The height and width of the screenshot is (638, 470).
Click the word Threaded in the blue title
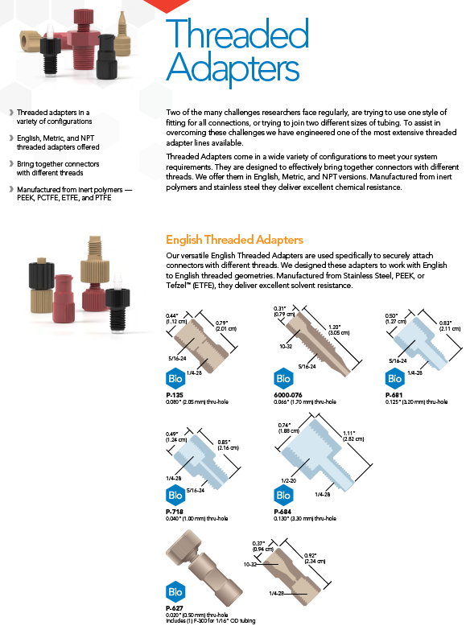[x=237, y=33]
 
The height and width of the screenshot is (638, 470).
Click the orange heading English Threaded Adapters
[x=234, y=240]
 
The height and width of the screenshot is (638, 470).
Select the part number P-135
[x=175, y=395]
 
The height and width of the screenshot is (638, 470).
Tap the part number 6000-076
[x=287, y=395]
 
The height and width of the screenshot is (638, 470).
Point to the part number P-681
[x=394, y=395]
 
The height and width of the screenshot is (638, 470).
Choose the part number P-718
[x=175, y=512]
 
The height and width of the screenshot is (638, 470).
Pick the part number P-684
[x=282, y=512]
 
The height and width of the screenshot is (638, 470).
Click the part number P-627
[x=175, y=608]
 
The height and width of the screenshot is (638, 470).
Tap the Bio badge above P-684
[x=283, y=495]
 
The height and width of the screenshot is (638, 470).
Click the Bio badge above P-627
[x=175, y=591]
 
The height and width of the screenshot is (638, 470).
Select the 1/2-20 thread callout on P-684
[x=288, y=480]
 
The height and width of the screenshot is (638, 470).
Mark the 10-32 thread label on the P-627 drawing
[x=249, y=564]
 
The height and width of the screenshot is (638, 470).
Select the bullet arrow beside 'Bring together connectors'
[x=11, y=163]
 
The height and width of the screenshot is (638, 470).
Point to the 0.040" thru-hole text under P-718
[x=197, y=518]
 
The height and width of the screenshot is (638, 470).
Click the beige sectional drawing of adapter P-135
[x=201, y=345]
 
